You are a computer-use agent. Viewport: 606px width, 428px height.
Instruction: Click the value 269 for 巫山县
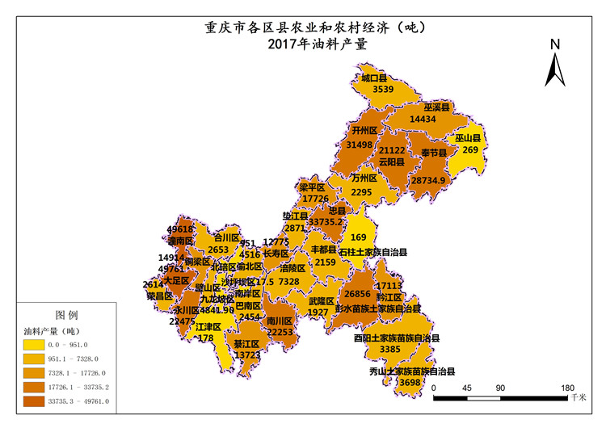(470, 149)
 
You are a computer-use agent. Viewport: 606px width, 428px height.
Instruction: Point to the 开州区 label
(365, 130)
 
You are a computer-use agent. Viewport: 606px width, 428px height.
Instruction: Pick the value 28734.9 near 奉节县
(428, 180)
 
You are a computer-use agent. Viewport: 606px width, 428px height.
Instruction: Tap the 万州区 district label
(365, 178)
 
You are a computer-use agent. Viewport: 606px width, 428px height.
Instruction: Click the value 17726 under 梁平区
(314, 199)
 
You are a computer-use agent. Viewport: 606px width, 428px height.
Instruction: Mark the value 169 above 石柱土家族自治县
(359, 237)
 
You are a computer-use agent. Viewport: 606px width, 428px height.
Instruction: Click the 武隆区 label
(321, 301)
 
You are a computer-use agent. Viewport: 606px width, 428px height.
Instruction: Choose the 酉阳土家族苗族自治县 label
(396, 338)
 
